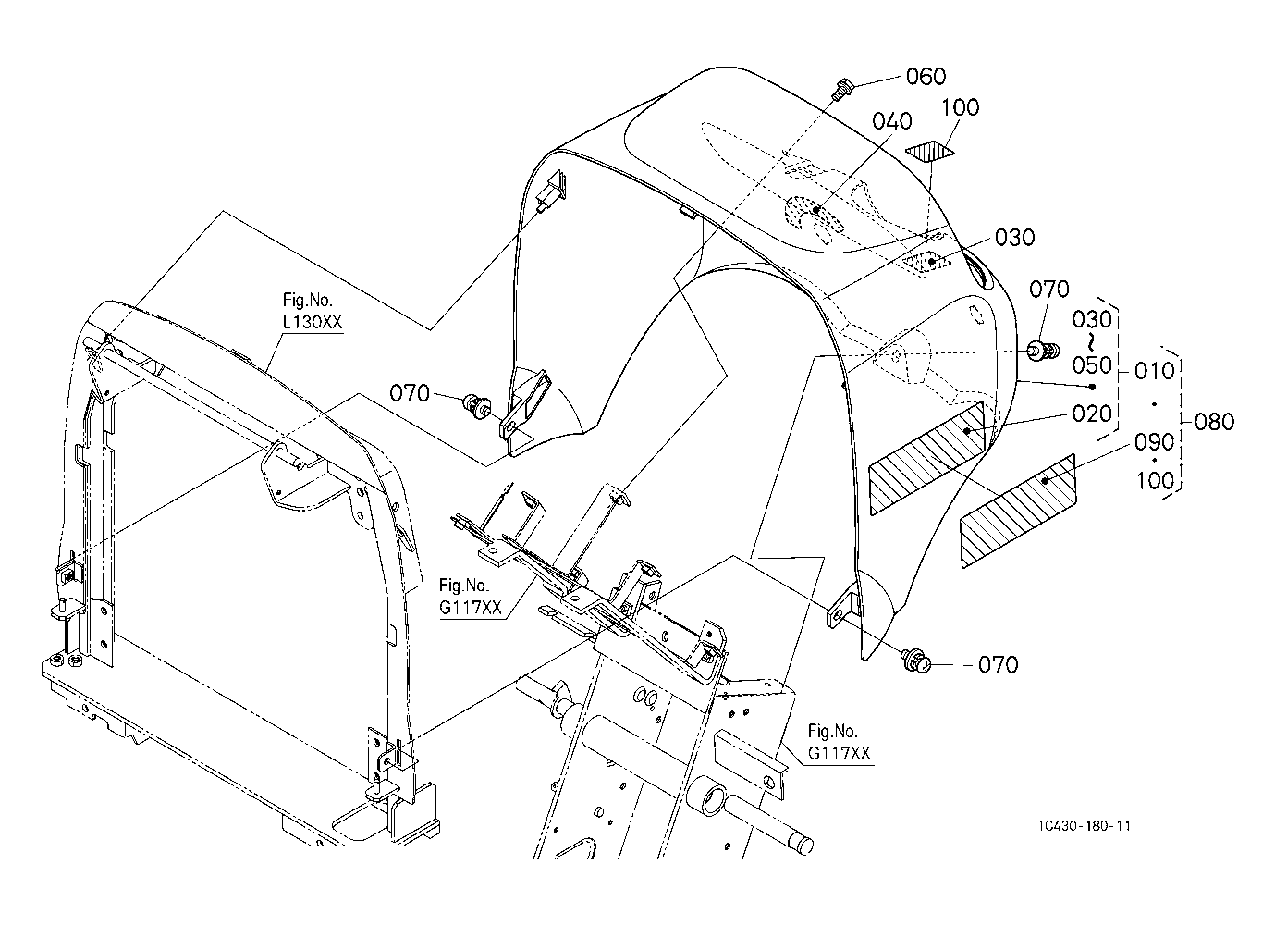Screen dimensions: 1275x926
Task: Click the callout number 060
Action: [x=926, y=76]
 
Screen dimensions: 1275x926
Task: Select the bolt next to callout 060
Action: [x=840, y=91]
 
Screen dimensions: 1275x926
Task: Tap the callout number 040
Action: [x=892, y=121]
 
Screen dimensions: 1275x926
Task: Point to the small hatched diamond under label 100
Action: [x=929, y=152]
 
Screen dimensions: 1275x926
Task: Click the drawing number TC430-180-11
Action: [x=1084, y=826]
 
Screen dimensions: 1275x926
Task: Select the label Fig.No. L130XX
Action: [x=313, y=311]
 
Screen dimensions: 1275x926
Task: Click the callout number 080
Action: [x=1214, y=422]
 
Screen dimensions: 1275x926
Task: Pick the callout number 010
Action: [x=1154, y=371]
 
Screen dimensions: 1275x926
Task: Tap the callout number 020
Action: [x=1092, y=414]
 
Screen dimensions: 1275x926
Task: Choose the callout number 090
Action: [x=1154, y=442]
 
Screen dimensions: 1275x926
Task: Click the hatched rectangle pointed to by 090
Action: [x=1018, y=511]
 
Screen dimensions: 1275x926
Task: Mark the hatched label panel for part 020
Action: [x=926, y=458]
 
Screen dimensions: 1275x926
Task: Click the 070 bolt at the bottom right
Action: [x=916, y=661]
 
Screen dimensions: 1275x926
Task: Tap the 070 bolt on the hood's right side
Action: [x=1043, y=350]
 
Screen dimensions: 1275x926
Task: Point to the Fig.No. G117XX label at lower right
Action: [x=839, y=743]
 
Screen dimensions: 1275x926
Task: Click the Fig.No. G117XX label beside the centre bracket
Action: [x=471, y=597]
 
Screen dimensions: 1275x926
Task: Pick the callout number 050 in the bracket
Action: [x=1092, y=365]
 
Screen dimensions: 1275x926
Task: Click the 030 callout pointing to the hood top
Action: [x=1014, y=238]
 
